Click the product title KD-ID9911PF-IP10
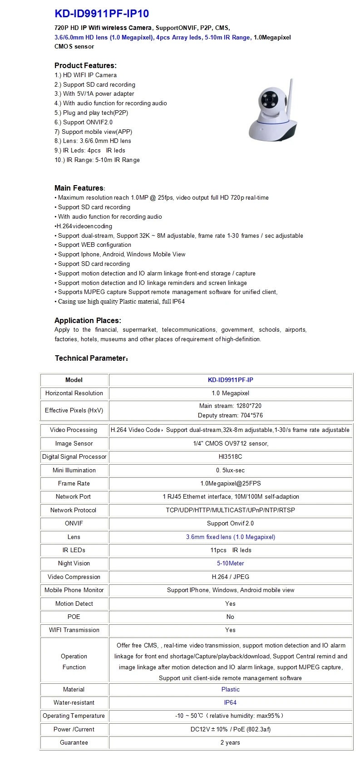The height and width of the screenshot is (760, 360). tap(102, 14)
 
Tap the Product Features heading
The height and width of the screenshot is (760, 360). tap(85, 65)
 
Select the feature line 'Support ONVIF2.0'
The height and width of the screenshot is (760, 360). tap(84, 122)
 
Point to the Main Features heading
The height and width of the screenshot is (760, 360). tap(79, 188)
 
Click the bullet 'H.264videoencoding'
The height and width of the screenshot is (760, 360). tap(84, 226)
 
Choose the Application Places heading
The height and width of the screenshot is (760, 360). tap(88, 320)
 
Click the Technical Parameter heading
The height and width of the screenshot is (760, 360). tap(91, 358)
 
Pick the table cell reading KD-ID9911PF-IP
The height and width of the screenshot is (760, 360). tap(231, 380)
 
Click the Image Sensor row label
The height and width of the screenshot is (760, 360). tap(74, 443)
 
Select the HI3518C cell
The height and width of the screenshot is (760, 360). tap(231, 456)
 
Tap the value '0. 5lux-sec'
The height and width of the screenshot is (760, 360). tap(231, 470)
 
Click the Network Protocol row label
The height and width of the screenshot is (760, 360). tap(74, 510)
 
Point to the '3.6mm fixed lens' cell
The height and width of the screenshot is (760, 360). tap(231, 537)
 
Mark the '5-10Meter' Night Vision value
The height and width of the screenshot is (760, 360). tap(231, 563)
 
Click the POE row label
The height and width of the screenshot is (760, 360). tap(74, 617)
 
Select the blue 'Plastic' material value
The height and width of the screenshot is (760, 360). tap(231, 689)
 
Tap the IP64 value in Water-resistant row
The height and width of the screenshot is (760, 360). tap(231, 702)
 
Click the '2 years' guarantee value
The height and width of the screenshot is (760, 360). tap(231, 742)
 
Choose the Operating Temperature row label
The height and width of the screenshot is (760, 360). tap(74, 716)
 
